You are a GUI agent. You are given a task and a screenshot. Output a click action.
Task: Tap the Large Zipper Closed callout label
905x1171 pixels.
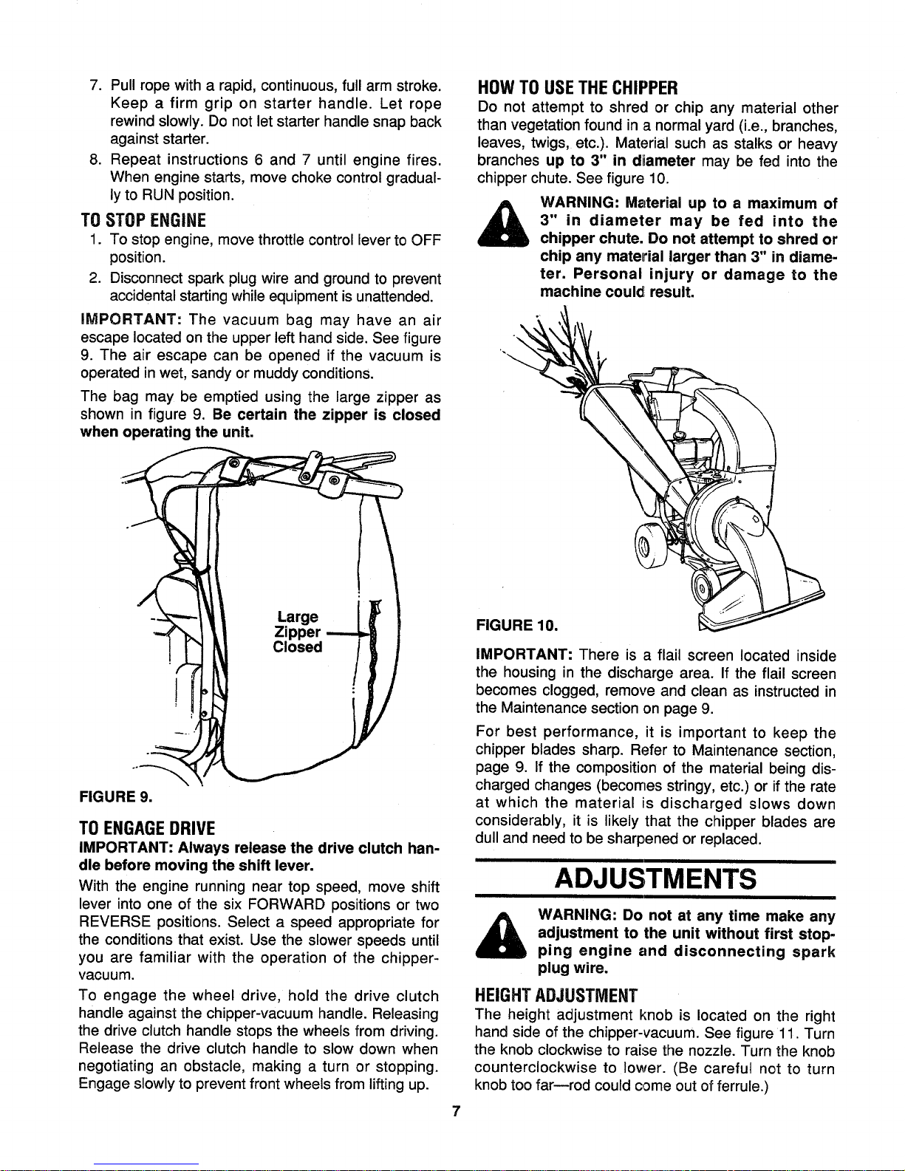tap(297, 632)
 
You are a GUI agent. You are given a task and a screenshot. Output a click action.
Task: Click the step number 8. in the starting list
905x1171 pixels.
tap(95, 160)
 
